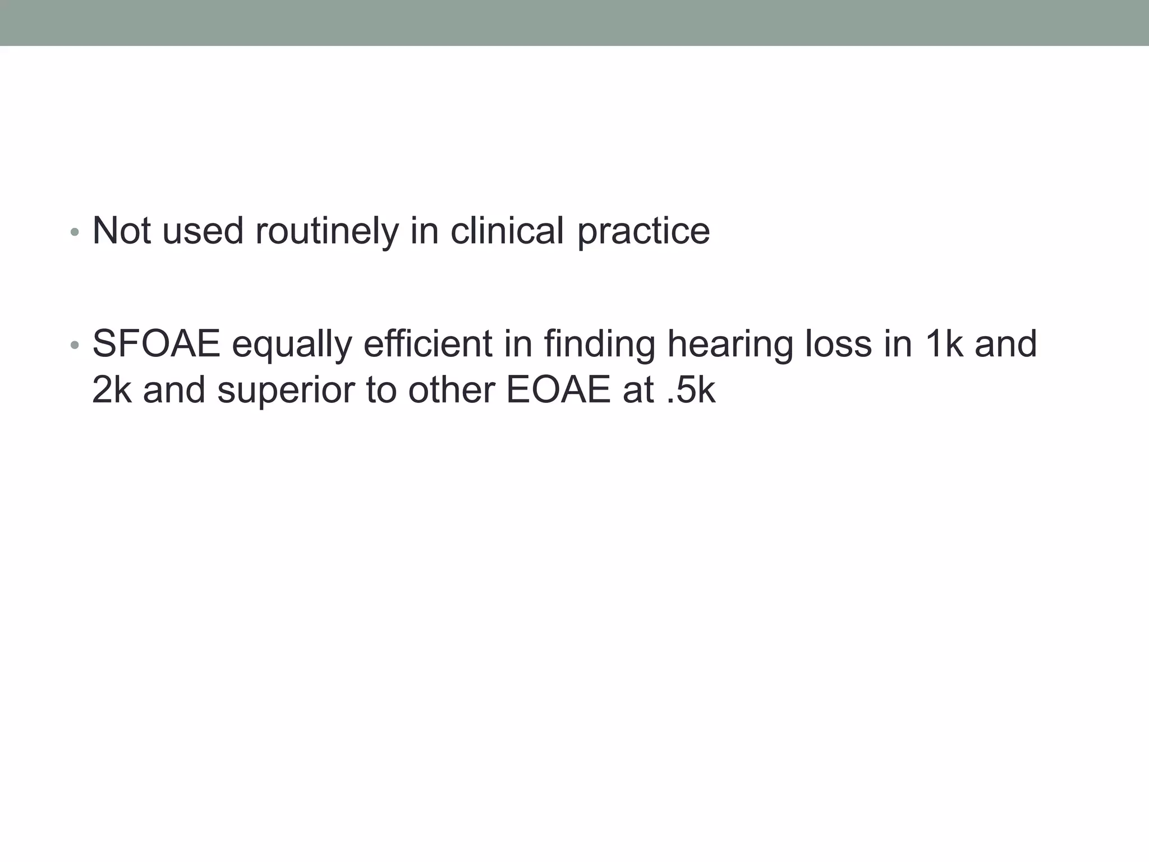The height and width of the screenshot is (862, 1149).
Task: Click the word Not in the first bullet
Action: click(x=121, y=231)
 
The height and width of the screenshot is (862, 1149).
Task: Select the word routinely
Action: click(x=327, y=231)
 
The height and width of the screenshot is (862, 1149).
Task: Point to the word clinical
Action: click(x=507, y=231)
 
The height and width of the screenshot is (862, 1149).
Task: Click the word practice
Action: click(x=644, y=231)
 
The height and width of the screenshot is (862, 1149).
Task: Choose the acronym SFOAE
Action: click(x=157, y=344)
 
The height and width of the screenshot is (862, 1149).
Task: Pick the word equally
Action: click(x=292, y=344)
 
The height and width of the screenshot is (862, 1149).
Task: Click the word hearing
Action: click(x=730, y=344)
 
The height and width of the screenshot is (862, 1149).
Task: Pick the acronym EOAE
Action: click(x=558, y=390)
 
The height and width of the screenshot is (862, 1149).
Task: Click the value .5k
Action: click(x=691, y=390)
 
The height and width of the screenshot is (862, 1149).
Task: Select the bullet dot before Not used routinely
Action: click(x=75, y=232)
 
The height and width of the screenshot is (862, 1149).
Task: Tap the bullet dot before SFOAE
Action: click(x=75, y=346)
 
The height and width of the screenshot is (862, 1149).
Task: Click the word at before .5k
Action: click(x=638, y=390)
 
